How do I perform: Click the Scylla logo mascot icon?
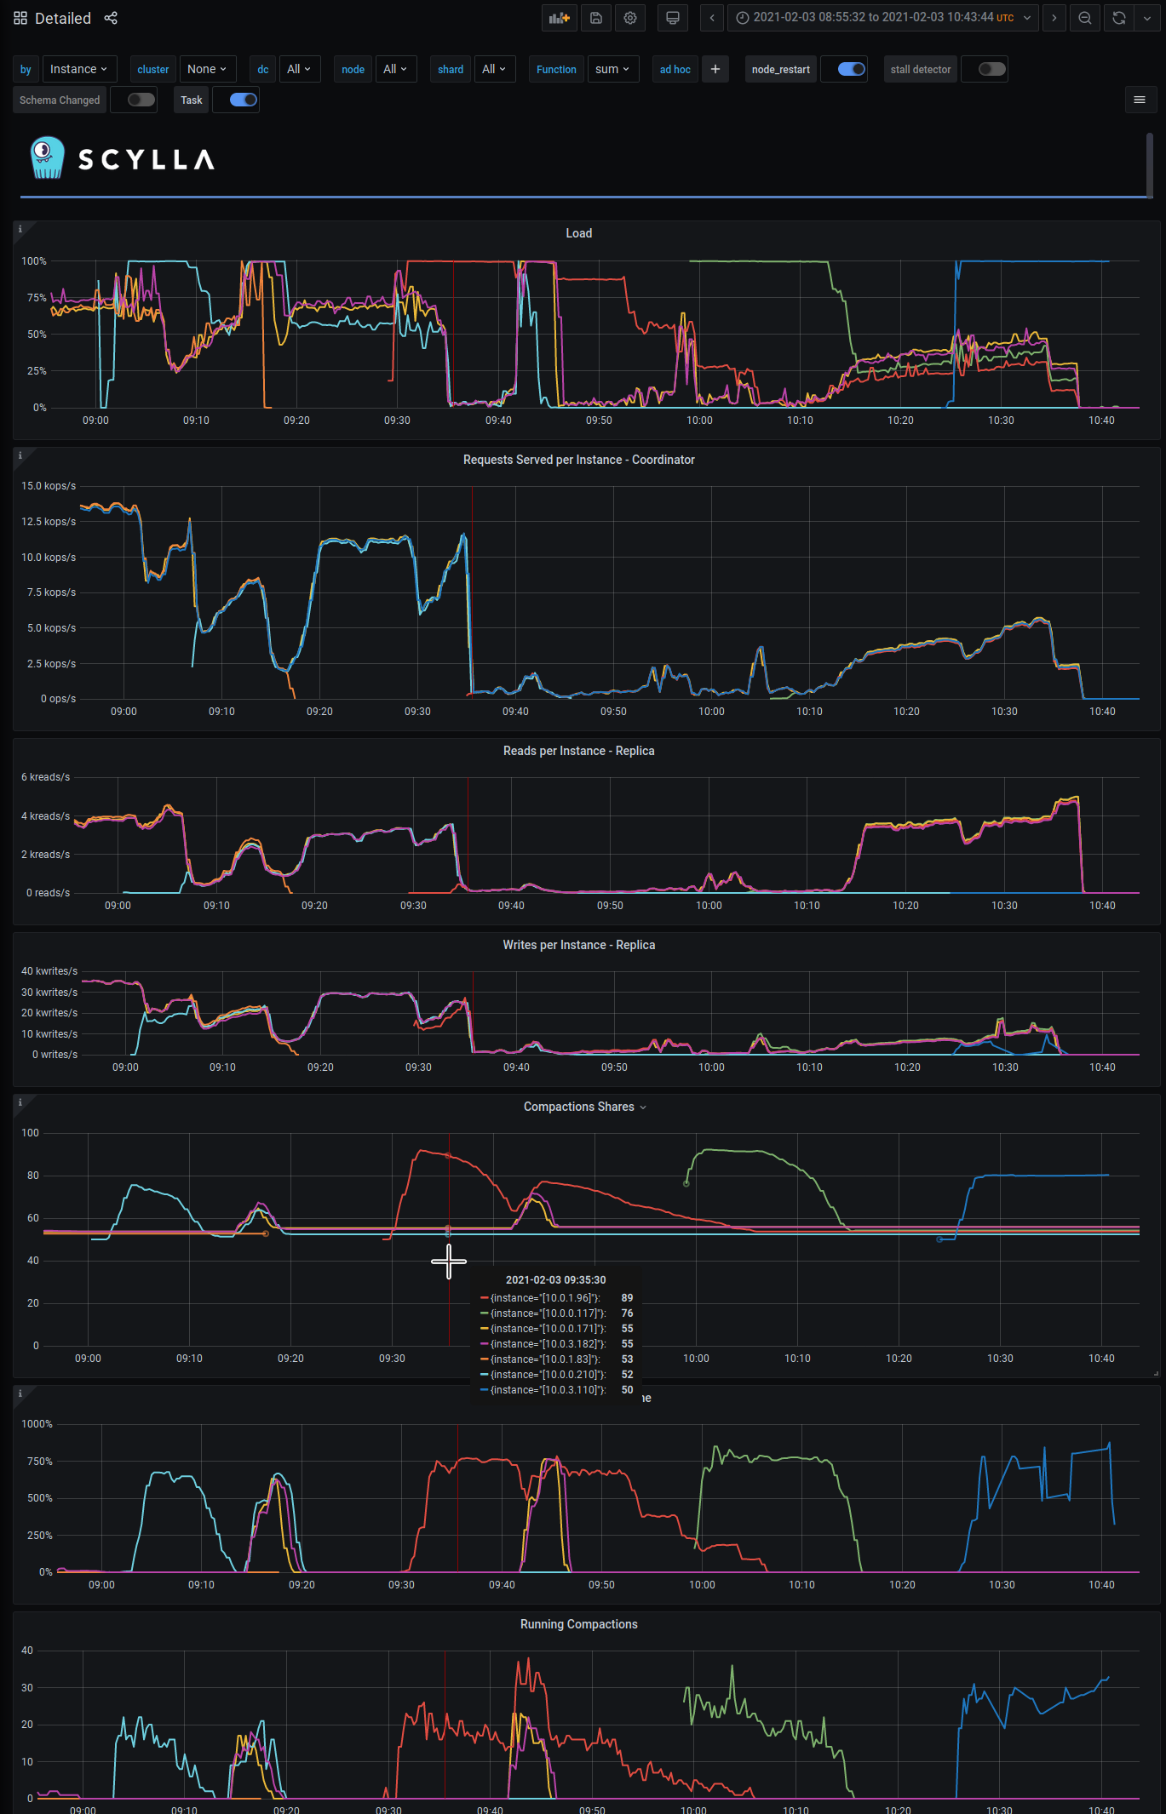(47, 157)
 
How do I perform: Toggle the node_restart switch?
(851, 69)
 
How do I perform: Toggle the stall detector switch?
(991, 69)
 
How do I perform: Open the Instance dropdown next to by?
(78, 69)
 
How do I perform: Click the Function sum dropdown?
(612, 69)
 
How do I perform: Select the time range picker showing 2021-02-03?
(882, 18)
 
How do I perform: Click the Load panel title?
(578, 233)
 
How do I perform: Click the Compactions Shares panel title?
(579, 1107)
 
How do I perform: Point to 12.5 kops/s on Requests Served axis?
(49, 522)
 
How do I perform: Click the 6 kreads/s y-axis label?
(46, 777)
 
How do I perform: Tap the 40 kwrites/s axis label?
(49, 971)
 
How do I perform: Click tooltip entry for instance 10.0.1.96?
(545, 1298)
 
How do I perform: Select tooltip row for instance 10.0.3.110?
(545, 1390)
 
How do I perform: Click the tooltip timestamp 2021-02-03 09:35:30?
(555, 1280)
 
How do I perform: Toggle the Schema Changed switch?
(141, 100)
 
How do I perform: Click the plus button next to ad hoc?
(715, 69)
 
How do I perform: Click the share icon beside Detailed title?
(111, 18)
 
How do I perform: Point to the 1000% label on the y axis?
(37, 1424)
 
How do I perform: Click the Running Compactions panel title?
(578, 1624)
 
